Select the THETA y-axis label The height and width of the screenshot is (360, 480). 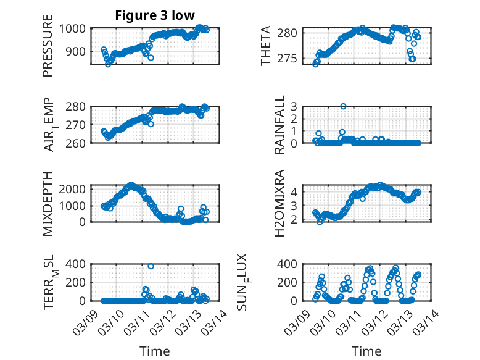(x=266, y=46)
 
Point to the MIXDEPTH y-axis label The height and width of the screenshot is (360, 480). (x=48, y=203)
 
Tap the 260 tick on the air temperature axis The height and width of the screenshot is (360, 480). (x=77, y=143)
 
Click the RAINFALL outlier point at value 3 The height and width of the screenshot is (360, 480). (x=343, y=106)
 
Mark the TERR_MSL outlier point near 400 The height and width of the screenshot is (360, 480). (x=151, y=266)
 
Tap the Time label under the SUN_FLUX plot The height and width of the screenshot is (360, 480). (x=366, y=351)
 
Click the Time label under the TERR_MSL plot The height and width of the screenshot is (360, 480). (x=154, y=351)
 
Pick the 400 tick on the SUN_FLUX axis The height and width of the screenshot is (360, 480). (x=291, y=264)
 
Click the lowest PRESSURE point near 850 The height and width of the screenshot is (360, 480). (x=108, y=64)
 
